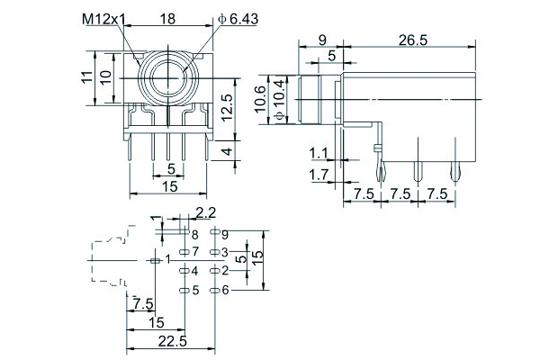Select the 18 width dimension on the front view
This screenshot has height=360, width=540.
pos(168,18)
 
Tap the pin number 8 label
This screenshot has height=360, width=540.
pos(193,234)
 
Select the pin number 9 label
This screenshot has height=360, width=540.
pos(225,234)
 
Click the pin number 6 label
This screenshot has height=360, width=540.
pos(225,289)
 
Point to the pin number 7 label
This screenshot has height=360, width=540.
pos(193,251)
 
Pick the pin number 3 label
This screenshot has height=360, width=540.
pos(225,251)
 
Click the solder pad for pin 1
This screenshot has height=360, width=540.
pos(154,259)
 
